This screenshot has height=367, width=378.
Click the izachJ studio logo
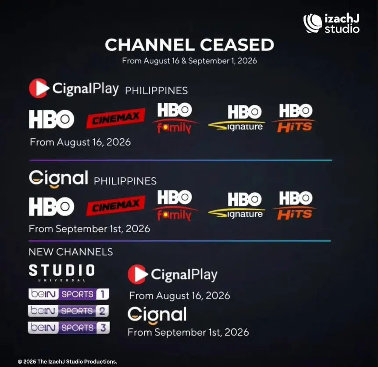(332, 23)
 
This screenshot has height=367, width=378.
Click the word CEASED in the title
(237, 45)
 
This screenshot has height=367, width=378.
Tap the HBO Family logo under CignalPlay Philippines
(175, 118)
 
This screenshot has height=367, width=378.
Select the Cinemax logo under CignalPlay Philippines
(116, 118)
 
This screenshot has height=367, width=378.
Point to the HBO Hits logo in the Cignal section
(294, 205)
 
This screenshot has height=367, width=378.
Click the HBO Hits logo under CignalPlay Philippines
(294, 118)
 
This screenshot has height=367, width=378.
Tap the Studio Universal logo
(62, 273)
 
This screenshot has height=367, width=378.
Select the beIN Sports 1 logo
(69, 294)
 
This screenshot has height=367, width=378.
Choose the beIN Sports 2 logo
(68, 311)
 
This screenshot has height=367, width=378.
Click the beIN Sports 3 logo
(69, 327)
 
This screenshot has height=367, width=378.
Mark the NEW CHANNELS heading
(71, 252)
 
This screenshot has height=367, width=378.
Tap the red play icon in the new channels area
(138, 274)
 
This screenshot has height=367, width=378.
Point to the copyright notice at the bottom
(68, 361)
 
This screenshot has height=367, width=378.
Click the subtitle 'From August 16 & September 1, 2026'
(189, 61)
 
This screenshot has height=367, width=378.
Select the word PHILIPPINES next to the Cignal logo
(125, 181)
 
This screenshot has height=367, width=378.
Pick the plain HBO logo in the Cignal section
(52, 206)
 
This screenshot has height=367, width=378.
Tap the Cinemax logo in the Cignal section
(116, 205)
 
